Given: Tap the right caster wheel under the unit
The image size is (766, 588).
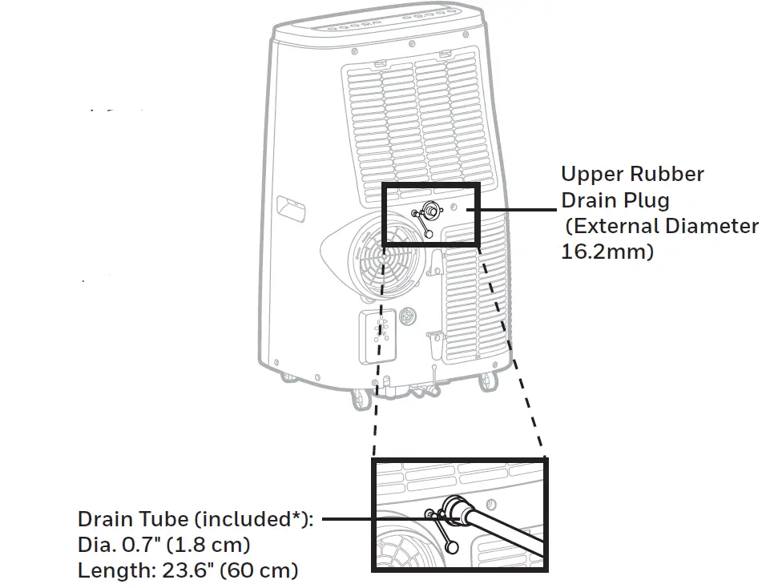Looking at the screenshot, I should point(487,383).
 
